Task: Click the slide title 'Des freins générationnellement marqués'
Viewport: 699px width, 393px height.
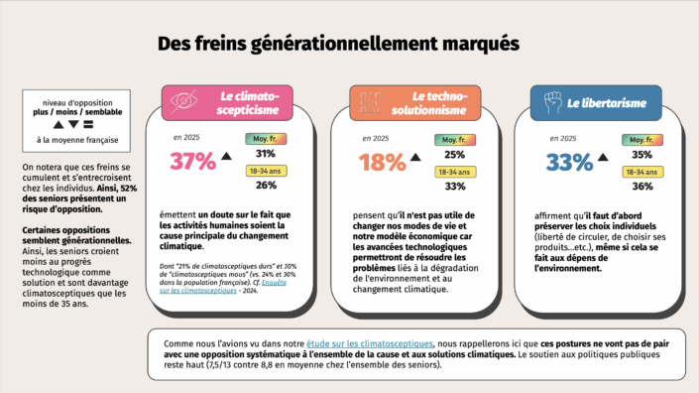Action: point(337,46)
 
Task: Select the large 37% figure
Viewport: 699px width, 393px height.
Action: point(192,161)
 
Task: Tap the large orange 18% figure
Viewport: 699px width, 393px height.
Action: point(382,163)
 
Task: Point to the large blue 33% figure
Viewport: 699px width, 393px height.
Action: point(571,163)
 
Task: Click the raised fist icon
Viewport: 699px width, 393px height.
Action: point(553,102)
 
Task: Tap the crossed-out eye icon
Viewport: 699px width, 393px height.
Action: point(183,102)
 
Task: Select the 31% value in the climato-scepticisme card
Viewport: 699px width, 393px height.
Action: point(266,154)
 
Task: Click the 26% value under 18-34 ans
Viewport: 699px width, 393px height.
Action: point(266,186)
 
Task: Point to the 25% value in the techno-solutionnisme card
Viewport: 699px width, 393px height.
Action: point(454,155)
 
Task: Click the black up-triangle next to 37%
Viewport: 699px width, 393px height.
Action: point(226,156)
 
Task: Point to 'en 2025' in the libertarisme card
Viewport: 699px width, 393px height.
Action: point(561,139)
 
